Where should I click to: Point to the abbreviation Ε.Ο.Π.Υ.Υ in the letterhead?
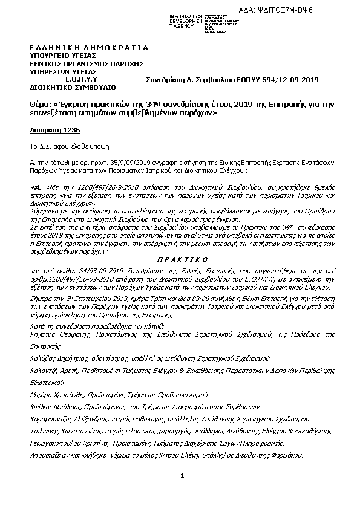pyautogui.click(x=81, y=79)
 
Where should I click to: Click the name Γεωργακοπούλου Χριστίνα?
pyautogui.click(x=71, y=443)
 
